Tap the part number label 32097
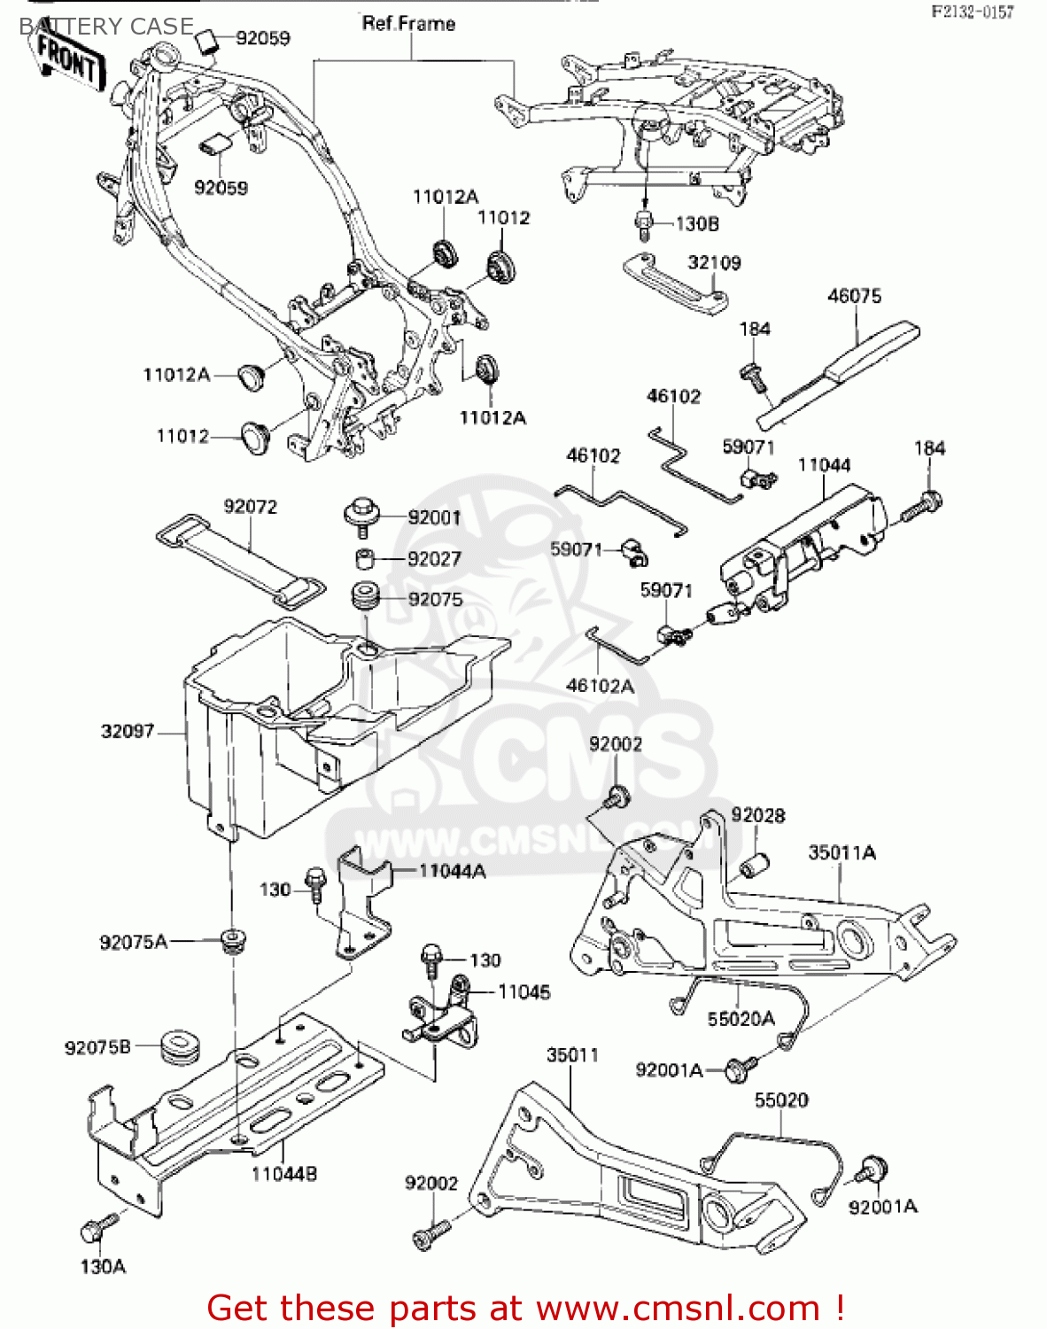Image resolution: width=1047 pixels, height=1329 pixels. pyautogui.click(x=128, y=731)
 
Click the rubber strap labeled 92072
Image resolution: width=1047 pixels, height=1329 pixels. pyautogui.click(x=240, y=558)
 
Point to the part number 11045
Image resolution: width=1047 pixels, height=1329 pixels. pyautogui.click(x=523, y=991)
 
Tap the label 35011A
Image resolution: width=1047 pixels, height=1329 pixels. pyautogui.click(x=841, y=852)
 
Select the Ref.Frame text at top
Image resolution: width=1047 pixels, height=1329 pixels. pyautogui.click(x=408, y=24)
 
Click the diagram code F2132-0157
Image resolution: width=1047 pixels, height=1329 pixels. pyautogui.click(x=971, y=12)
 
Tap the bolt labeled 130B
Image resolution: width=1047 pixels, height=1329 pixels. pyautogui.click(x=645, y=225)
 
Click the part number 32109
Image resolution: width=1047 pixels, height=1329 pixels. pyautogui.click(x=714, y=262)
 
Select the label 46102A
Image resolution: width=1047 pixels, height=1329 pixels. pyautogui.click(x=600, y=686)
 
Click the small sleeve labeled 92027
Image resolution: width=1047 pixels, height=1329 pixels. pyautogui.click(x=364, y=559)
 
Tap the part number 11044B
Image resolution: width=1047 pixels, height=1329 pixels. pyautogui.click(x=283, y=1174)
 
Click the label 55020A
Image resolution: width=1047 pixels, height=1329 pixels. pyautogui.click(x=741, y=1019)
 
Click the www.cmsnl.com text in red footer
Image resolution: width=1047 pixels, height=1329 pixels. pyautogui.click(x=678, y=1308)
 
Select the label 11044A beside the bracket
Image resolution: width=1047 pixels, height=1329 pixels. pyautogui.click(x=452, y=871)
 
